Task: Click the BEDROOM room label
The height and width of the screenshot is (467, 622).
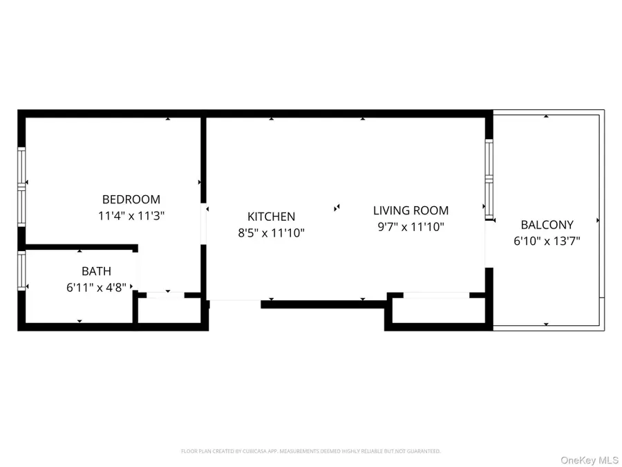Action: click(x=131, y=199)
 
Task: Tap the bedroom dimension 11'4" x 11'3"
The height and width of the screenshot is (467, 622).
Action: click(x=131, y=215)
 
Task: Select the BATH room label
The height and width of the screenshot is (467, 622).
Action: click(x=96, y=271)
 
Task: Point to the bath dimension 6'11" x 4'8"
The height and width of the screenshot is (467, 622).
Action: click(x=96, y=288)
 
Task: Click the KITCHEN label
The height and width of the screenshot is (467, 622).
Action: click(x=272, y=217)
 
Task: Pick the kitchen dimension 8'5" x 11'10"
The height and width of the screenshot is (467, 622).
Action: click(x=272, y=233)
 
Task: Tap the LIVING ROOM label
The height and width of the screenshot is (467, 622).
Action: click(x=411, y=210)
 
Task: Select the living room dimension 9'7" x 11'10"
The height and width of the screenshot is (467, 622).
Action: click(x=411, y=226)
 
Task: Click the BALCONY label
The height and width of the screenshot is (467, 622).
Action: click(x=547, y=225)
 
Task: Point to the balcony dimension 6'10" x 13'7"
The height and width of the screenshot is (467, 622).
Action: click(x=547, y=241)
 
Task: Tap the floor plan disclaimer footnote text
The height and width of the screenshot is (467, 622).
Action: click(x=310, y=451)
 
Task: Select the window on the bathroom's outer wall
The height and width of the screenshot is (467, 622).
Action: click(x=21, y=271)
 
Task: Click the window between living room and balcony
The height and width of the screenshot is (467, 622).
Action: click(x=489, y=180)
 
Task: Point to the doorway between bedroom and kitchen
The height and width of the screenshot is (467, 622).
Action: click(x=204, y=224)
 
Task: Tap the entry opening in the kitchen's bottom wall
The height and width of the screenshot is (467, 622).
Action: click(x=235, y=301)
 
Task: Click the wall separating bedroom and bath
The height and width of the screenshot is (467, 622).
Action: click(x=79, y=246)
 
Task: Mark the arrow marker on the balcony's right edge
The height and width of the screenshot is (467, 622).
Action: click(x=598, y=221)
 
